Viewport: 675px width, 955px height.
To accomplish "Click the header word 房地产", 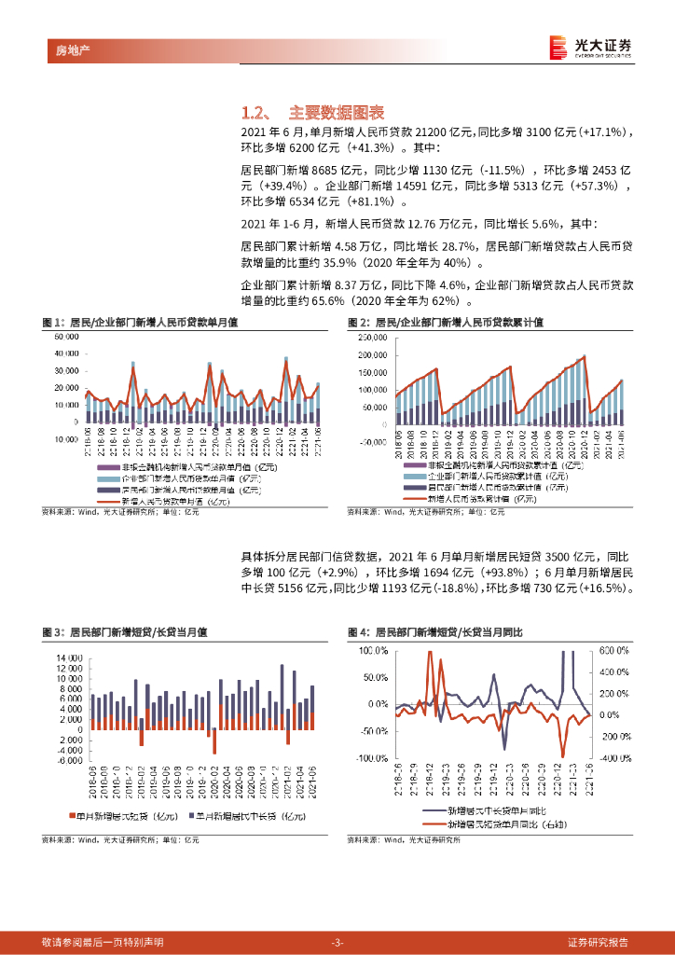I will click(x=62, y=48).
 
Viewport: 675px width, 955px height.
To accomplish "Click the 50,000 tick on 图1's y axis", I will click(x=66, y=336).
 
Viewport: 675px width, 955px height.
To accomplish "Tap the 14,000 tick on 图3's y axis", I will click(x=71, y=657).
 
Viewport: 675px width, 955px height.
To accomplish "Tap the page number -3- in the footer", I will click(x=337, y=941).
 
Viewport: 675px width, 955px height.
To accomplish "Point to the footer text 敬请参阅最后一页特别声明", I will click(x=103, y=941).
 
